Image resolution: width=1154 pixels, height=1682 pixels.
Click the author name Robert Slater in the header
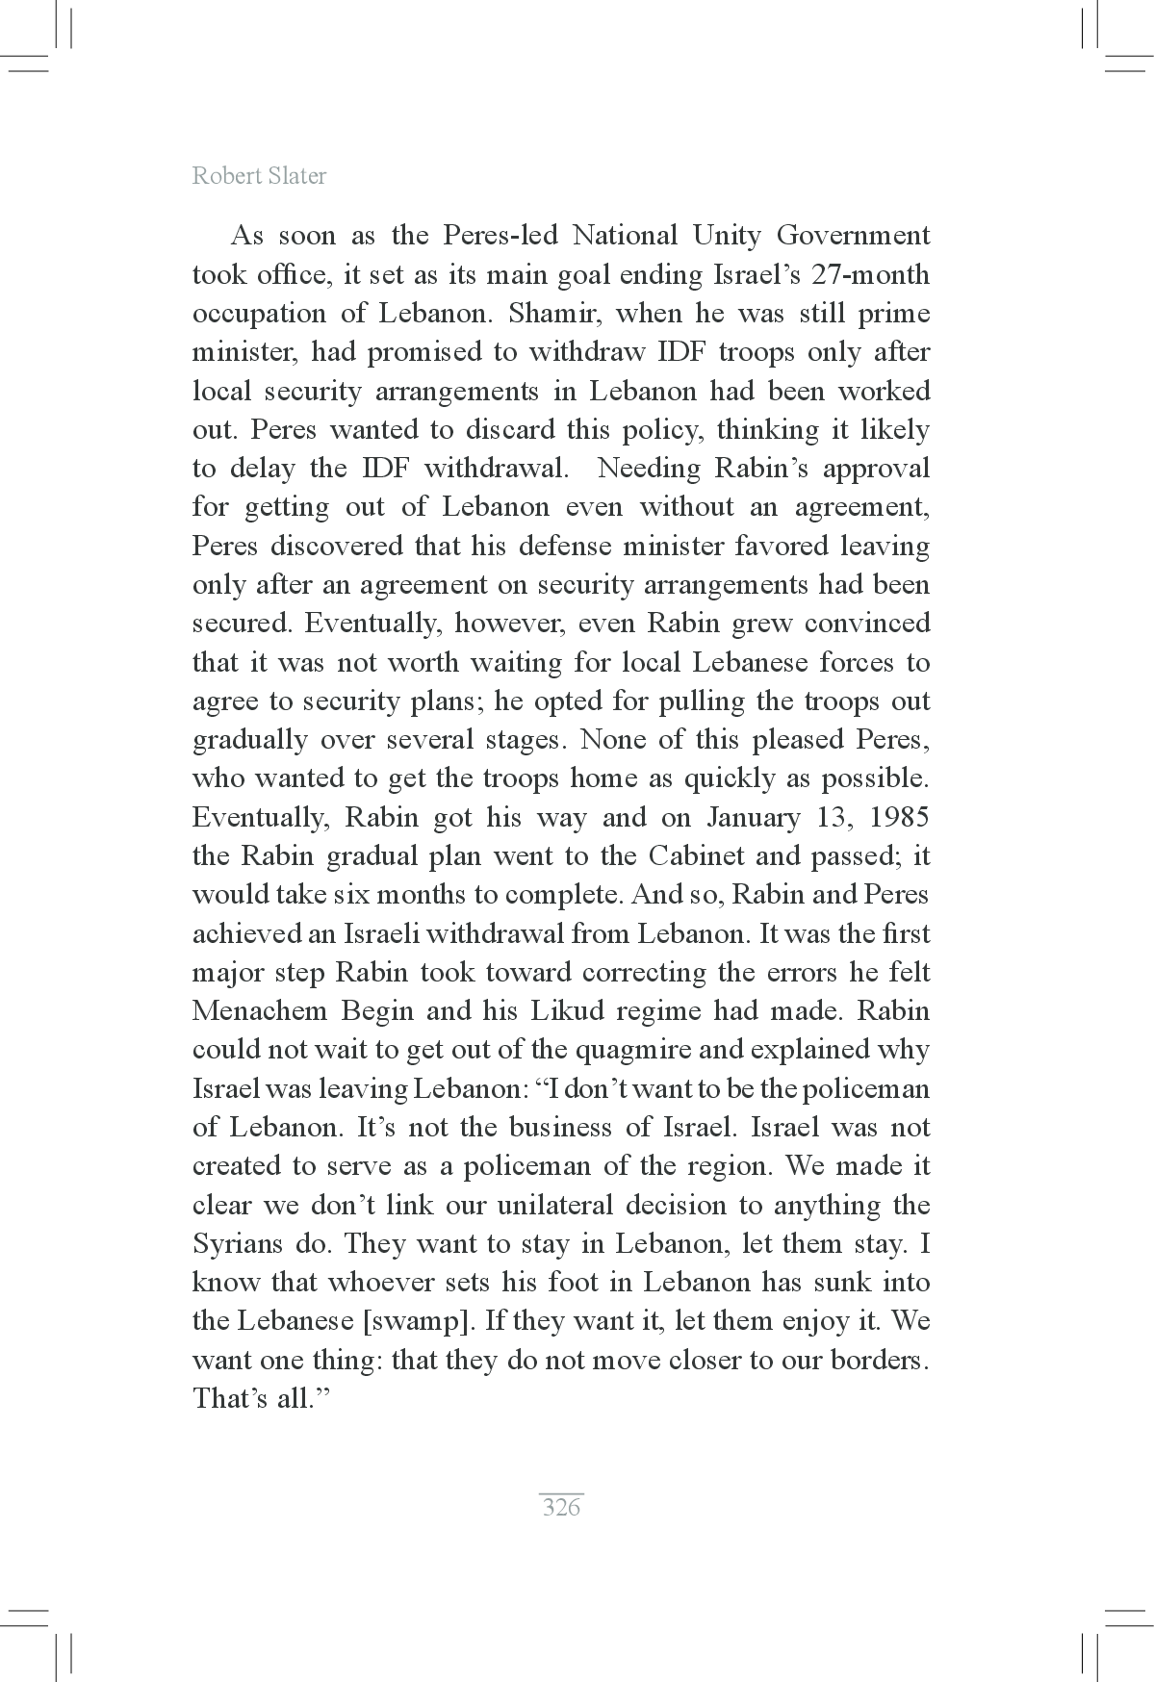pos(259,176)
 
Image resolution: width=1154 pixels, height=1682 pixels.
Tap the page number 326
pos(561,1507)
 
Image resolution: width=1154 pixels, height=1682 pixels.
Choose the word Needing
pos(650,469)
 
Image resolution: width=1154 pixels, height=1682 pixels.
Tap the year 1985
pos(899,818)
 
